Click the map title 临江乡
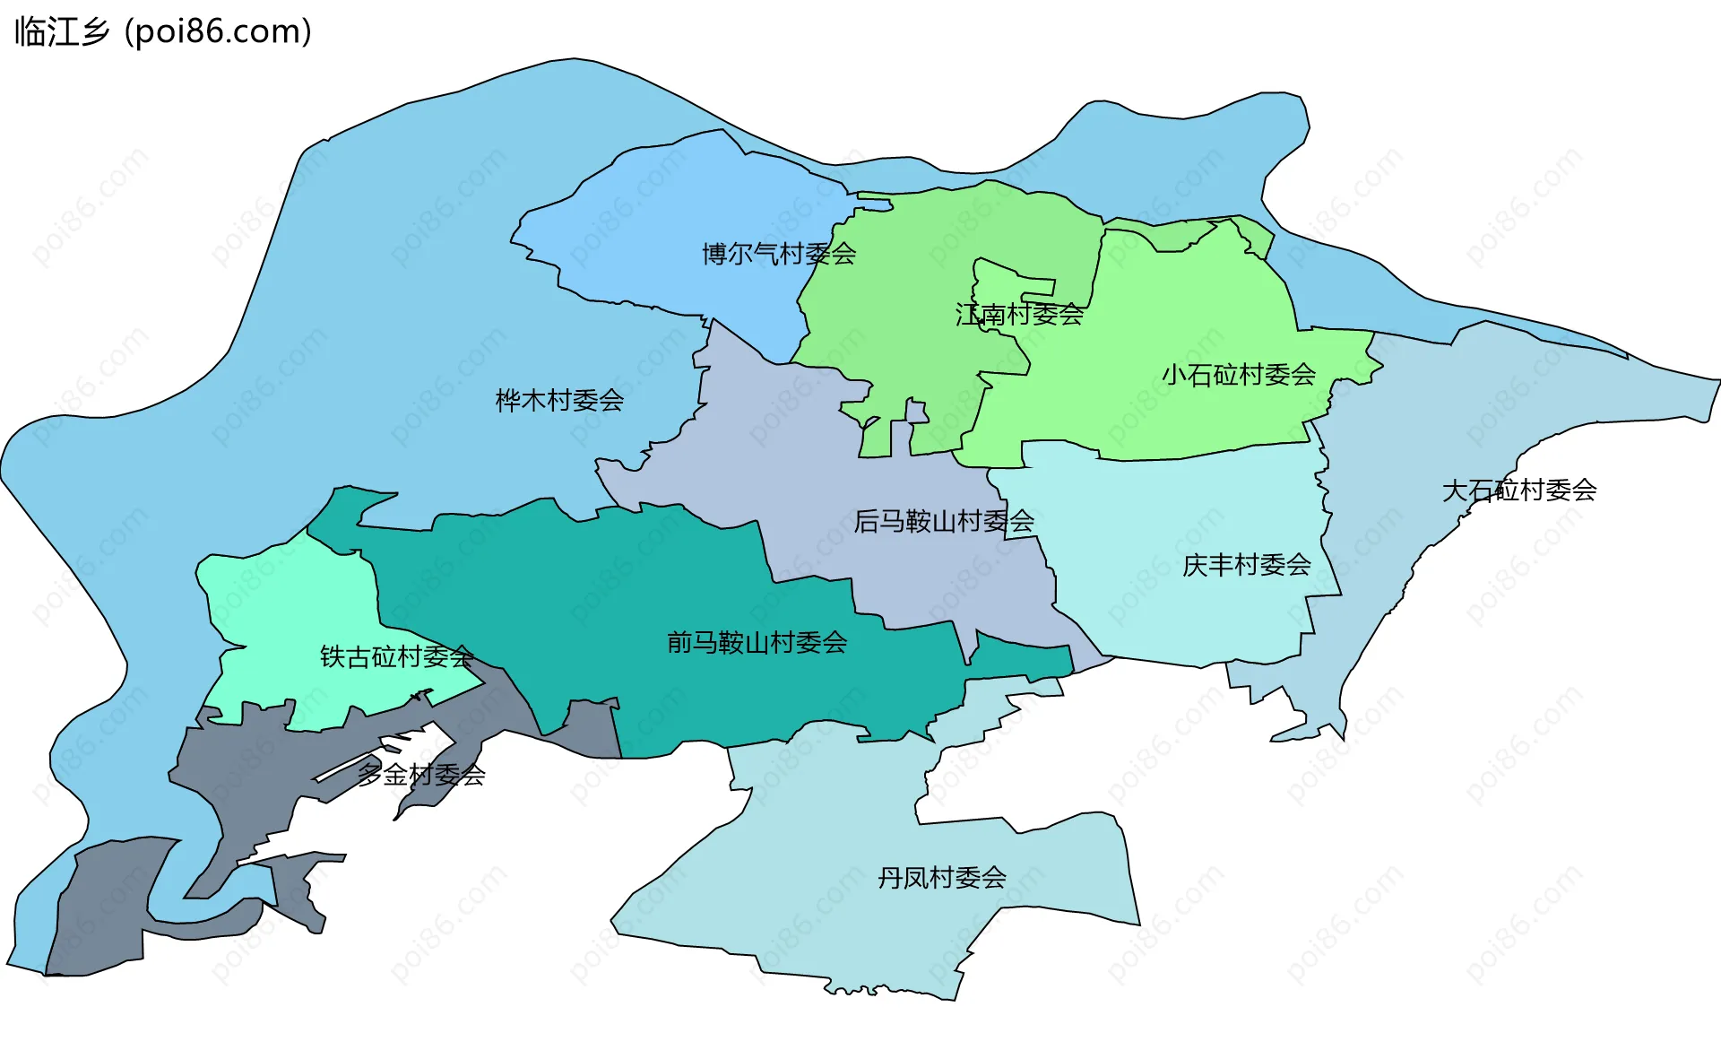(x=61, y=31)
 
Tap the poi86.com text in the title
(x=218, y=31)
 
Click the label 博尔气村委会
(x=778, y=254)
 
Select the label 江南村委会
(x=1019, y=314)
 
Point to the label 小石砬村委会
(x=1238, y=374)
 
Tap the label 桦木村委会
(x=559, y=400)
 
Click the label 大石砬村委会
(x=1518, y=490)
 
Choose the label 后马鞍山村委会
(x=943, y=520)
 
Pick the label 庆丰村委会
(x=1246, y=565)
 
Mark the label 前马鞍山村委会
(x=757, y=642)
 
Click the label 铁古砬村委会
(x=396, y=656)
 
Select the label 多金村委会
(x=421, y=774)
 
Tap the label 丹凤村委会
(x=941, y=877)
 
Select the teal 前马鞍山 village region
(x=627, y=592)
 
